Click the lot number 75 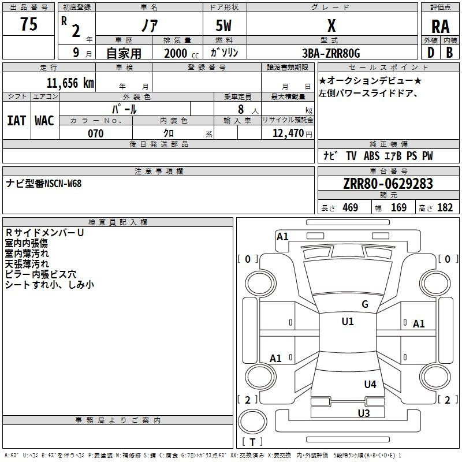pyautogui.click(x=28, y=25)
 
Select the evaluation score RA pyautogui.click(x=440, y=27)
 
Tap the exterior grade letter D pyautogui.click(x=430, y=52)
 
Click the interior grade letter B pyautogui.click(x=449, y=52)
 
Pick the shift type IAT pyautogui.click(x=16, y=120)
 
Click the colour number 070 pyautogui.click(x=95, y=133)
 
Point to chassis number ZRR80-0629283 pyautogui.click(x=388, y=184)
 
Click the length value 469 pyautogui.click(x=350, y=207)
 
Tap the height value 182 pyautogui.click(x=445, y=207)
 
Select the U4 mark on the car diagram pyautogui.click(x=370, y=384)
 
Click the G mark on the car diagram pyautogui.click(x=365, y=304)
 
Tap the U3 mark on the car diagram pyautogui.click(x=363, y=412)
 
